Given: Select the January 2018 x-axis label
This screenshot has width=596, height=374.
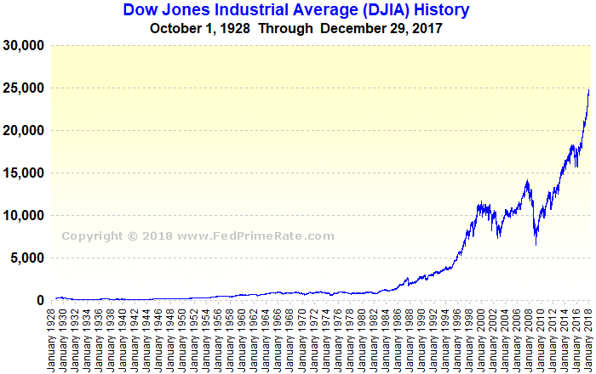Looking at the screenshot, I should pyautogui.click(x=587, y=339).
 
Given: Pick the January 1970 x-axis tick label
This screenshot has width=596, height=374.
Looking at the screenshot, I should pyautogui.click(x=305, y=339).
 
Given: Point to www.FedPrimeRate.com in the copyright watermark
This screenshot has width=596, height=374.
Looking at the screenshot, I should pyautogui.click(x=256, y=236).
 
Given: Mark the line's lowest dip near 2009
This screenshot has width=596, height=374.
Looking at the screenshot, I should pyautogui.click(x=536, y=245).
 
